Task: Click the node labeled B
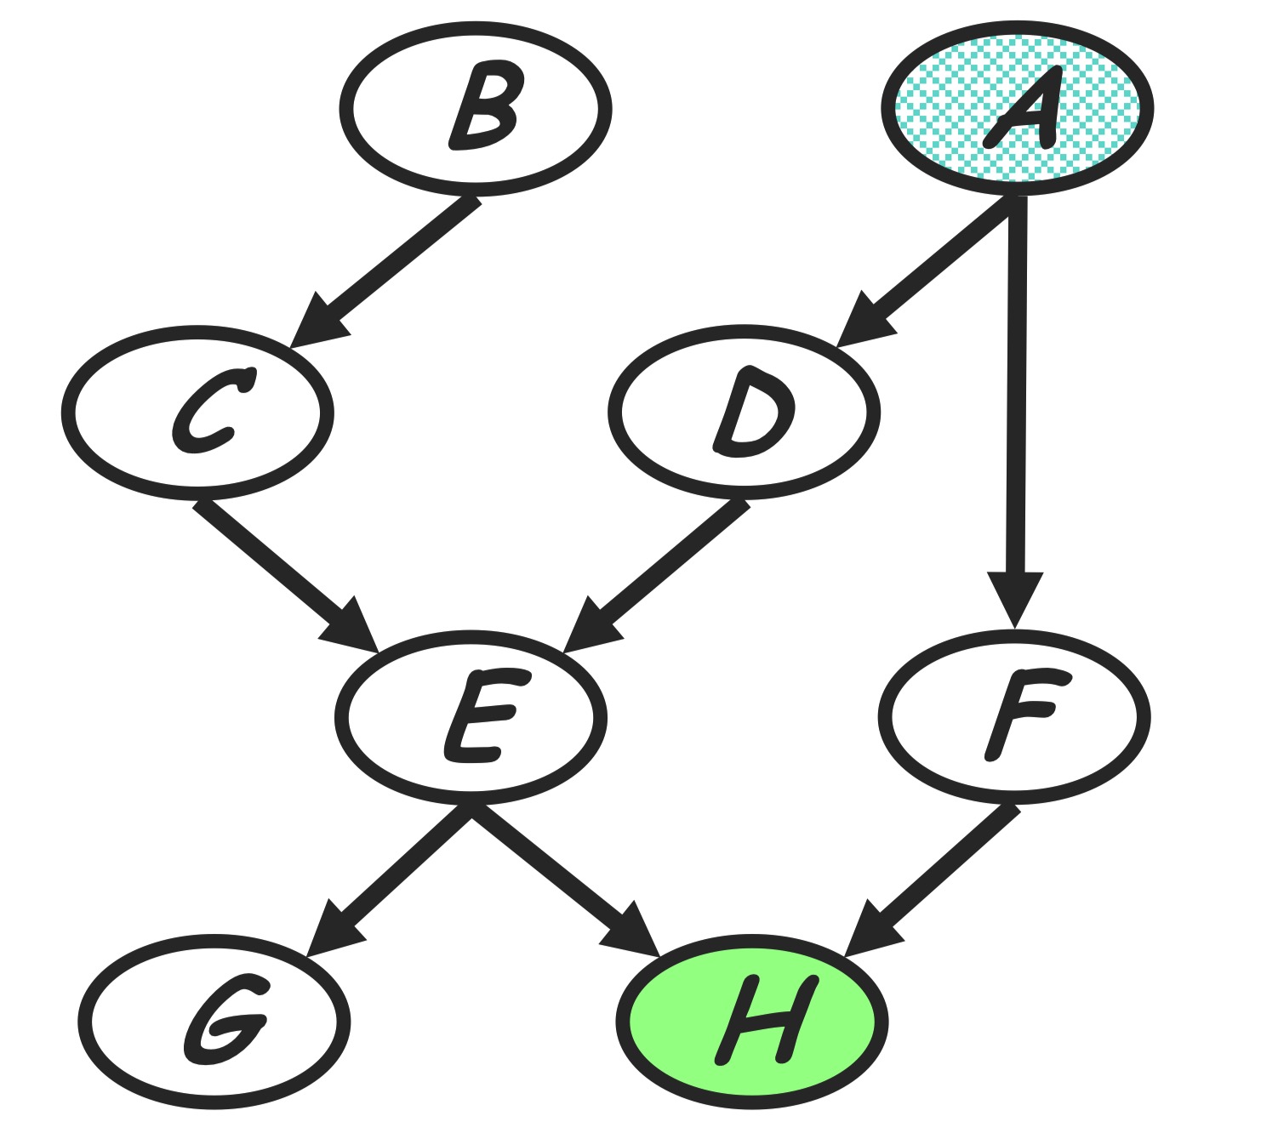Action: [476, 109]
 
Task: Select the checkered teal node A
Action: [1017, 109]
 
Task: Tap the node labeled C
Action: [198, 413]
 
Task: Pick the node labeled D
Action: [744, 413]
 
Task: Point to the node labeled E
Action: [471, 716]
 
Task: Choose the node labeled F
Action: [1014, 716]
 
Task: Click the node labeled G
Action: [214, 1021]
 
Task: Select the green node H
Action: [752, 1021]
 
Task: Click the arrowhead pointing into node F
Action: [1014, 600]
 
